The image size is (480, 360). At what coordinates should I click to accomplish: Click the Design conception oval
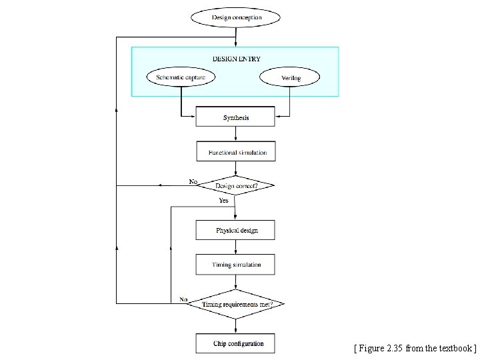(236, 17)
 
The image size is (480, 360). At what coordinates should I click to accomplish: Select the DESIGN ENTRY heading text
(236, 59)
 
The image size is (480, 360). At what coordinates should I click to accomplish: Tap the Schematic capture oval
(181, 77)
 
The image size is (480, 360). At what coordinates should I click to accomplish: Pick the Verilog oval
(290, 78)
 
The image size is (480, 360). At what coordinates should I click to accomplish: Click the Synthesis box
(235, 117)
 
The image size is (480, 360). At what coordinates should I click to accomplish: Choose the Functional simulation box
(235, 152)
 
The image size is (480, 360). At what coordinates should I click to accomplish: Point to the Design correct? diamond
(235, 185)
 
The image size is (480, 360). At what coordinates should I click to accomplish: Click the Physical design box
(235, 230)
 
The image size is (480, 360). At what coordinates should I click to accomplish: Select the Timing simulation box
(235, 265)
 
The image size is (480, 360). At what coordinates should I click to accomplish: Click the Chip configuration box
(235, 343)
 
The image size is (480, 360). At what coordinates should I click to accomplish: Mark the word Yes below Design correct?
(223, 200)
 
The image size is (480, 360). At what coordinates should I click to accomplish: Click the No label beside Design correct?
(193, 181)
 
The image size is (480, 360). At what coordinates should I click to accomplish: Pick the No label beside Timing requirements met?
(183, 299)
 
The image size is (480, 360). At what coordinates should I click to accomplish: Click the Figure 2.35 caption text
(415, 348)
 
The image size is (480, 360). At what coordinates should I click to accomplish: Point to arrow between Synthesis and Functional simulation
(235, 134)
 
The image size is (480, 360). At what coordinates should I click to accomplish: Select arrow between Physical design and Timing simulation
(235, 247)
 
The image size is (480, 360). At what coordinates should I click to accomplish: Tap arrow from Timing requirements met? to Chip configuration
(235, 325)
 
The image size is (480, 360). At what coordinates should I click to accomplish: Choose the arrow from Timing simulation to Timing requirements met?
(235, 282)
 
